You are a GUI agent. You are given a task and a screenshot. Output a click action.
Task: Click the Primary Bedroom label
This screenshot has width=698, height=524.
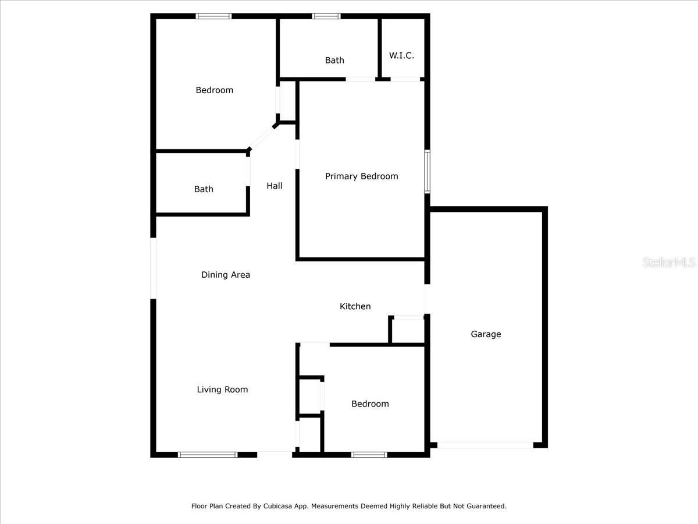(361, 176)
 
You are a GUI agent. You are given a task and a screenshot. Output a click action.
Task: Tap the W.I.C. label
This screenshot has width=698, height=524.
(401, 55)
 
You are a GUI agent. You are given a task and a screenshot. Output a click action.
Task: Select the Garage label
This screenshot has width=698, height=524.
(486, 334)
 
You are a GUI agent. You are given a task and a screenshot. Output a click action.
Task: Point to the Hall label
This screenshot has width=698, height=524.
(275, 186)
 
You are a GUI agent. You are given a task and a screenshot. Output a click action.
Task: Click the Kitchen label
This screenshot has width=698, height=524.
(355, 306)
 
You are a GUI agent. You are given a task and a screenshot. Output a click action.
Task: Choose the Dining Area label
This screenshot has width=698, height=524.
(226, 275)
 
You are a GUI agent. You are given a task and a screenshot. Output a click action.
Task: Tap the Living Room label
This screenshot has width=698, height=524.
(222, 390)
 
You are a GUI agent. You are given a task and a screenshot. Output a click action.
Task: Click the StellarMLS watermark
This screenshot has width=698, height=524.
(669, 263)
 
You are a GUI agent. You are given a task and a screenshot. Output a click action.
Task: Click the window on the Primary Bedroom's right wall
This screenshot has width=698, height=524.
(427, 171)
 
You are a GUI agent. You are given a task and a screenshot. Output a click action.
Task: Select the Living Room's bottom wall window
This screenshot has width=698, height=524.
(208, 455)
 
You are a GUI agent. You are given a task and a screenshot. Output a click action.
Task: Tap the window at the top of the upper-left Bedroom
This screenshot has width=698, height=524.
(213, 16)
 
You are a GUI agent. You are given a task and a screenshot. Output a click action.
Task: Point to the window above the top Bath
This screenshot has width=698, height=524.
(326, 16)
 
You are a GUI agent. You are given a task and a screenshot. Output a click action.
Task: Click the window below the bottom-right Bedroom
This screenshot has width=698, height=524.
(369, 455)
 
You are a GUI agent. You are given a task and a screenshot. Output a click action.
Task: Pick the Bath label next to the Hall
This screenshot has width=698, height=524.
(204, 189)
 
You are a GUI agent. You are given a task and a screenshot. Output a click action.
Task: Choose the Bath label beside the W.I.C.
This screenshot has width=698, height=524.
(334, 60)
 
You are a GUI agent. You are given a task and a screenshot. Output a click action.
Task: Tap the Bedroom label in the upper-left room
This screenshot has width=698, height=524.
(214, 90)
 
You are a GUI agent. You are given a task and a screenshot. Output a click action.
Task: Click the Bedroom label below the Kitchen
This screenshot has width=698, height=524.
(370, 403)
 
